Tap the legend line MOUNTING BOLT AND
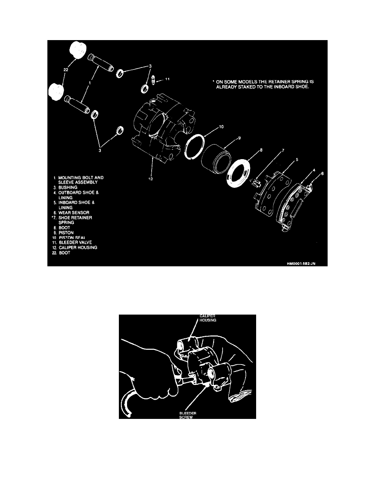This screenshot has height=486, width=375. click(x=82, y=178)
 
